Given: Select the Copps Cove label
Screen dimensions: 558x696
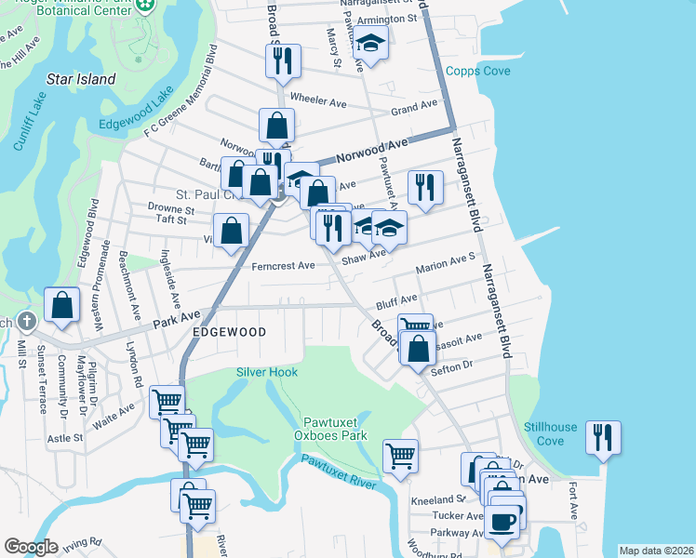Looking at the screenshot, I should [478, 71].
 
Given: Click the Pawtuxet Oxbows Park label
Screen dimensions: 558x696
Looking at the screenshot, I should [334, 429].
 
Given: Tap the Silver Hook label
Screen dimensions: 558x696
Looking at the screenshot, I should [267, 372].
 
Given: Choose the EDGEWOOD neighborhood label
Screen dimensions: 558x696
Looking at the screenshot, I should [229, 332].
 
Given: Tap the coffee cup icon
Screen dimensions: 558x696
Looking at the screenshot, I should [504, 521].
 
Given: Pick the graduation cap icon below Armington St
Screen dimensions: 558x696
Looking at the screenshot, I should [370, 44].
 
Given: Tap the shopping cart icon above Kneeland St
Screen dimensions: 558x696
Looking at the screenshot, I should [400, 457].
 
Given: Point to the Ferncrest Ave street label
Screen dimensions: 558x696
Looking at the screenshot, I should [284, 266].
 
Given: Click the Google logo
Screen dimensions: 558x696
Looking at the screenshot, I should [31, 547].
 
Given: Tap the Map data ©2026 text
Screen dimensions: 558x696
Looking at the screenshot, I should [656, 551].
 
